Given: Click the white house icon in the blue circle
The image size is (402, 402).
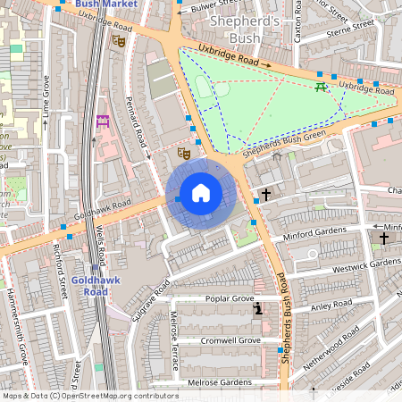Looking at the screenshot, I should point(201,192).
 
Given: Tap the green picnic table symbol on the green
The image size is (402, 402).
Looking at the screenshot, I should point(320,87).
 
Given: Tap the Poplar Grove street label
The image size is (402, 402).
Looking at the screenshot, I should point(230,299).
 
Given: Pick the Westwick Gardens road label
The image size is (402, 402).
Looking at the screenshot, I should point(366,264).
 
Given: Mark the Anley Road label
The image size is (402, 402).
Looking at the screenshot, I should point(332,306).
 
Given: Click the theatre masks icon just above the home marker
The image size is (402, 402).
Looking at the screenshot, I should point(184,153).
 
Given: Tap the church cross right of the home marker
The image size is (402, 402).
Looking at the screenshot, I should point(265,194).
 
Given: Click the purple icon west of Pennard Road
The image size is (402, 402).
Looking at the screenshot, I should point(102,121).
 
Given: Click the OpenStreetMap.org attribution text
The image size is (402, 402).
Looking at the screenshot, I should point(116,395).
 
